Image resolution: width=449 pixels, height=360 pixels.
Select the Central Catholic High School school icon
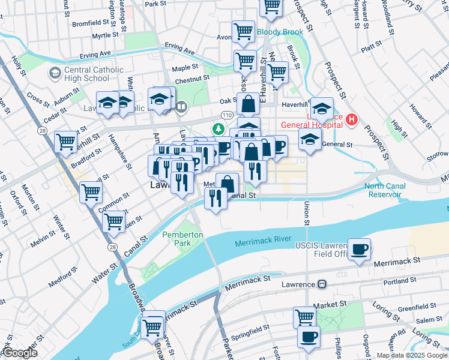tap(54, 73)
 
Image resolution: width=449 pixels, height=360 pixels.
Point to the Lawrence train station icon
tap(322, 284)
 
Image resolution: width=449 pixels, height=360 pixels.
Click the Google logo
tap(20, 353)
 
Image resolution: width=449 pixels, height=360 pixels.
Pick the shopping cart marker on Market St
tap(305, 317)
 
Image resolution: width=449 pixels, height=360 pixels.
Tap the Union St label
tap(306, 214)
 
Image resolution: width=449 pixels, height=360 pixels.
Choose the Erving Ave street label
tap(180, 47)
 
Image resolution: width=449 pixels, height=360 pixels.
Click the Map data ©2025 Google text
tap(411, 355)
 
